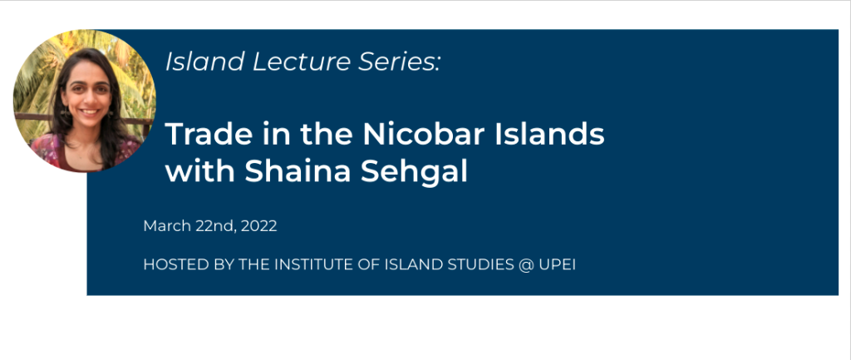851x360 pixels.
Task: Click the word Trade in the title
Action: (200, 134)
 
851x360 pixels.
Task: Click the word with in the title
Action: (199, 171)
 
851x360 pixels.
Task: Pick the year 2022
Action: (259, 226)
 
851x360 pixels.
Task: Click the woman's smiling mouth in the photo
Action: (90, 112)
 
